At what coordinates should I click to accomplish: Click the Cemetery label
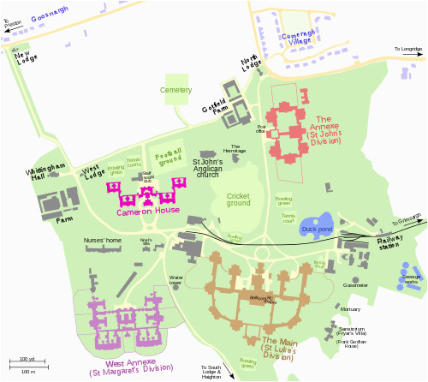(x=175, y=89)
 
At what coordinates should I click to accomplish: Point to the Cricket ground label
(x=238, y=200)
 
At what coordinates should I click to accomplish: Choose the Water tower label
(x=176, y=279)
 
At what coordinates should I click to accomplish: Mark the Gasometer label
(x=355, y=284)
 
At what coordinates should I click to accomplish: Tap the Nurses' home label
(x=100, y=241)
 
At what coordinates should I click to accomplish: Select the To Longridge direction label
(x=408, y=50)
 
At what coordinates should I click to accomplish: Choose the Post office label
(x=261, y=129)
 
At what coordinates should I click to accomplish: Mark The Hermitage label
(x=235, y=147)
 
